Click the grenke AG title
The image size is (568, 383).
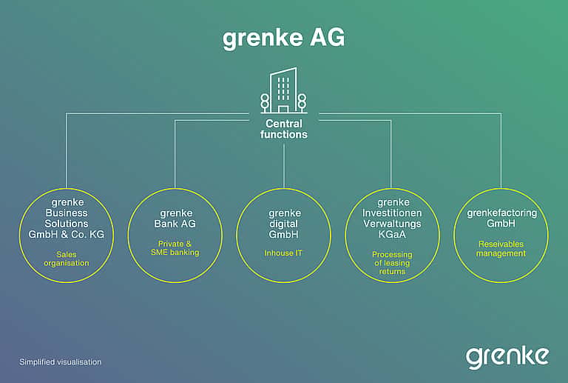[284, 39]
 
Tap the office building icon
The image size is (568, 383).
[284, 90]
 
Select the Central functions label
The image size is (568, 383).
[284, 129]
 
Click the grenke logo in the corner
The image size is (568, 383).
[507, 358]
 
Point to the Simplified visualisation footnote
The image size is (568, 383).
[61, 362]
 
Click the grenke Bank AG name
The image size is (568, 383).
[175, 219]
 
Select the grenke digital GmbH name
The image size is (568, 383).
[284, 224]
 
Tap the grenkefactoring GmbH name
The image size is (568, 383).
[501, 218]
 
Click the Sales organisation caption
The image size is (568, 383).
[67, 259]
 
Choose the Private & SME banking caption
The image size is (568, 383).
[175, 248]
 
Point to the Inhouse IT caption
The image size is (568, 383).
[283, 253]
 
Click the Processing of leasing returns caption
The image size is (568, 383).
[392, 263]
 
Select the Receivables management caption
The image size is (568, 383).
[501, 249]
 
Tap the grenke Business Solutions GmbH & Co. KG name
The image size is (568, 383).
[67, 219]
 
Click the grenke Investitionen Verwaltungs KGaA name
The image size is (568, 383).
[392, 219]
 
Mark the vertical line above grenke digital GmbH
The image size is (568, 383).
[284, 166]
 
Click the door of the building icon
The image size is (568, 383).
[283, 109]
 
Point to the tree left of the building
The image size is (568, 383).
[265, 102]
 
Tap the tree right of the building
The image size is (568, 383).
[302, 102]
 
